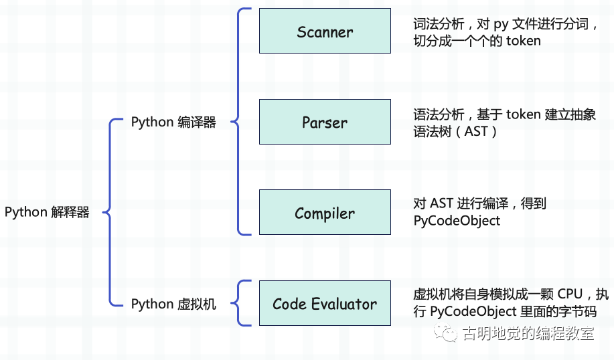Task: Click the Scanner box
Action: coord(325,31)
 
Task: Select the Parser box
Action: coord(325,122)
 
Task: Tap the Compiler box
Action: coord(325,212)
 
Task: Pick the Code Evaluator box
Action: coord(325,303)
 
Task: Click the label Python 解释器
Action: coord(47,213)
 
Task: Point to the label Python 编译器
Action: coord(173,122)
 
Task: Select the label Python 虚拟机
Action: coord(173,304)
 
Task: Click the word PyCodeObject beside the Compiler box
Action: coord(457,221)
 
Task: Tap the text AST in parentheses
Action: coord(476,131)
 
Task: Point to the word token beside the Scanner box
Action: coord(523,41)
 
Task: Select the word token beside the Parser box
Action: coord(523,114)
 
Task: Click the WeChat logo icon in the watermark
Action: coord(445,333)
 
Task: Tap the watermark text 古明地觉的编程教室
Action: coord(528,333)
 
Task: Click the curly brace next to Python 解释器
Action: coord(110,212)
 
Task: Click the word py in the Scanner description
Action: coord(501,25)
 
